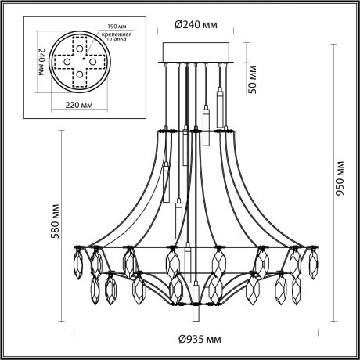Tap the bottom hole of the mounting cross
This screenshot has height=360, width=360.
tap(79, 76)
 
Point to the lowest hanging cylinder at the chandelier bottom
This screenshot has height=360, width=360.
tap(196, 308)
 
